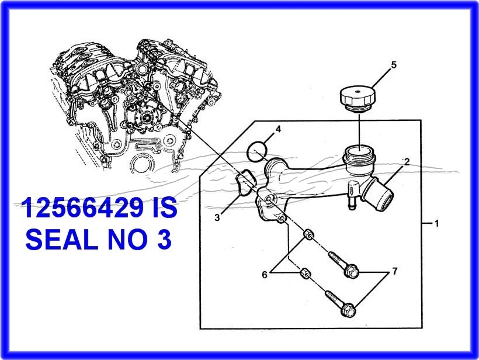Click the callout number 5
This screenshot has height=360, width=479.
click(x=394, y=65)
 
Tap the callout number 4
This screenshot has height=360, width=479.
click(x=278, y=129)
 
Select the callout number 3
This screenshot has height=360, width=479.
click(x=217, y=218)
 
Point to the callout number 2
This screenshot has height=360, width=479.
click(x=407, y=162)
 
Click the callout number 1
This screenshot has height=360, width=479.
click(x=436, y=223)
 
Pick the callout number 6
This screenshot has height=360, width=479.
click(x=265, y=275)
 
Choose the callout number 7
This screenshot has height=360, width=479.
click(x=395, y=271)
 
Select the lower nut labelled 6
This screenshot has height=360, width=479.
click(x=306, y=273)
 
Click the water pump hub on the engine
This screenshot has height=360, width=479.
click(x=146, y=116)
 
